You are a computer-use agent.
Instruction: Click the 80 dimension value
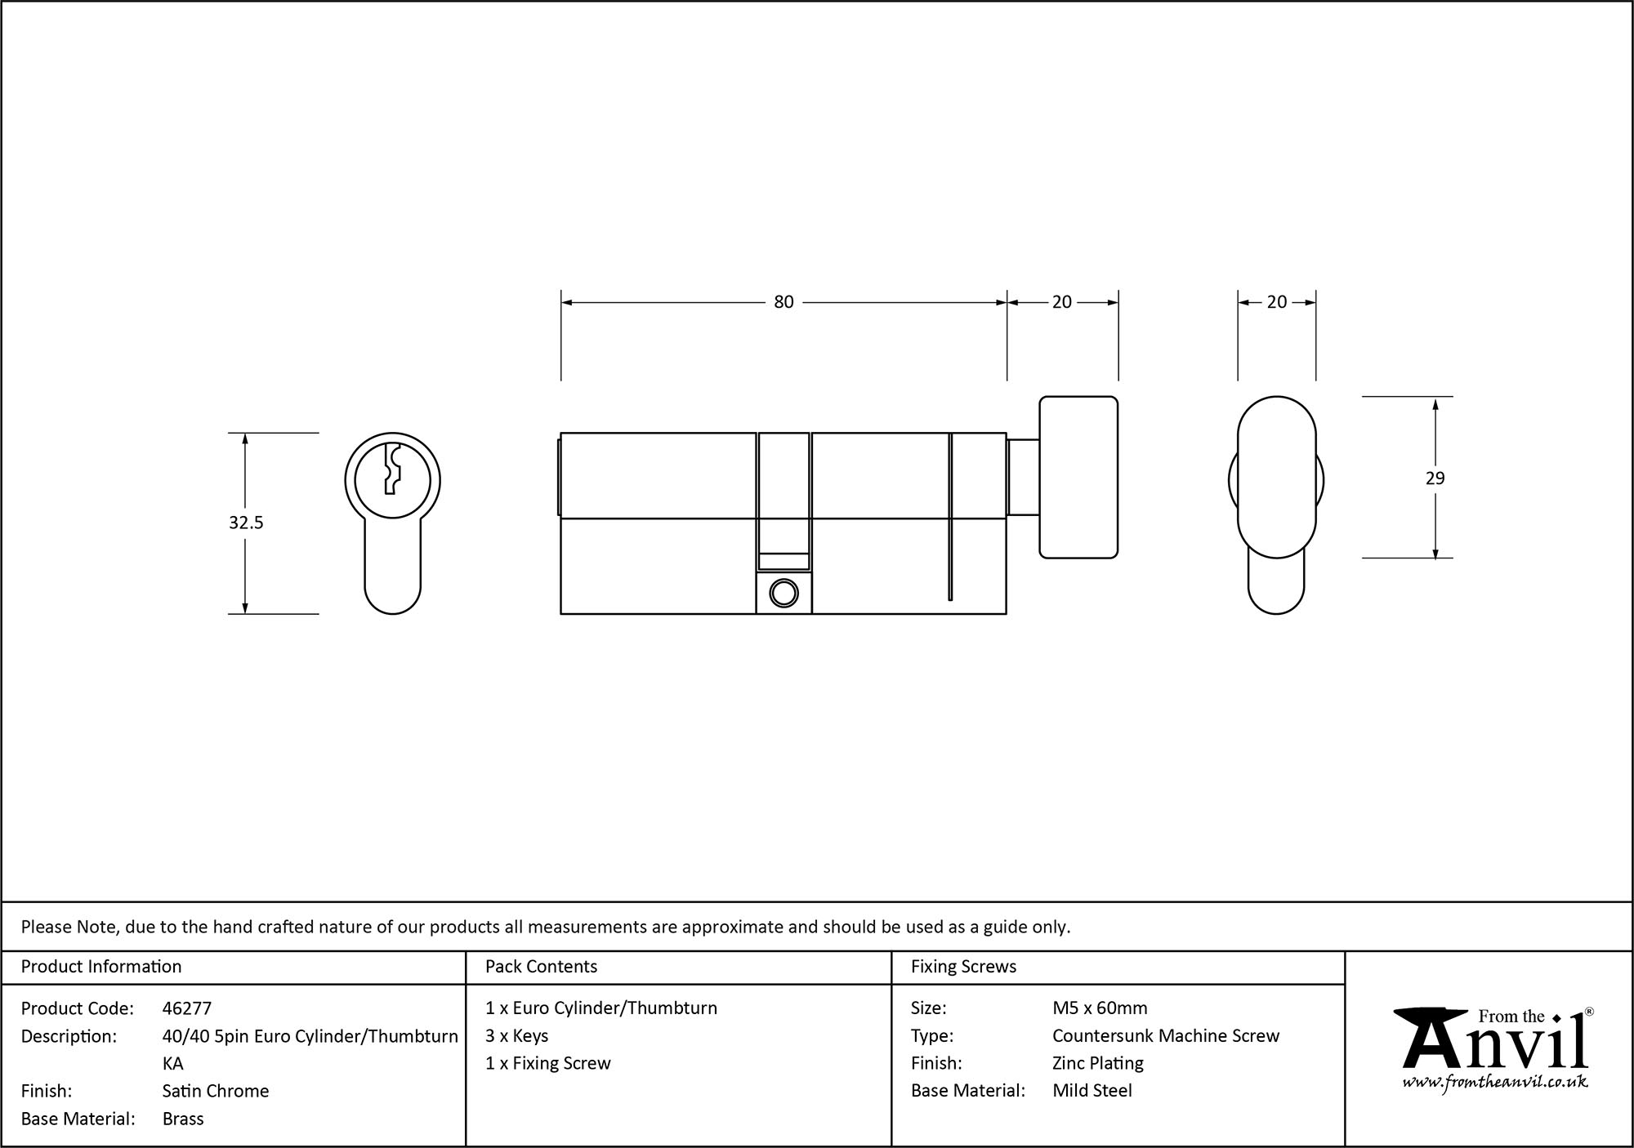pos(784,302)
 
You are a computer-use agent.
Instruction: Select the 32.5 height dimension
pos(246,523)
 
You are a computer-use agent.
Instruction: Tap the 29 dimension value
pos(1435,478)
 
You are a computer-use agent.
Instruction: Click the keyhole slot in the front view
pos(392,469)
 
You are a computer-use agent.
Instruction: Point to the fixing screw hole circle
pos(784,594)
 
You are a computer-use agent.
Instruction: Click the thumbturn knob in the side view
pos(1078,478)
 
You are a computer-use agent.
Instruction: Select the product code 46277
pos(187,1008)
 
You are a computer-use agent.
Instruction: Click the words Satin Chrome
pos(216,1091)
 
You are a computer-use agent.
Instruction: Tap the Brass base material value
pos(183,1119)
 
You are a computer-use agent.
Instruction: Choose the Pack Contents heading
pos(541,967)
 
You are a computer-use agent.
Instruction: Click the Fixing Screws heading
pos(963,967)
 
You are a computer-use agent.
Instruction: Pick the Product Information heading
pos(101,967)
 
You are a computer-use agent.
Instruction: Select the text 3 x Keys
pos(516,1036)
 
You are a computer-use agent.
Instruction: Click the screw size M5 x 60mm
pos(1100,1008)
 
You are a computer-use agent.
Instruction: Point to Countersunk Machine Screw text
pos(1166,1036)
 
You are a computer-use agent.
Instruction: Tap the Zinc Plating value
pos(1098,1063)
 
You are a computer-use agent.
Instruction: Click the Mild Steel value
pos(1092,1091)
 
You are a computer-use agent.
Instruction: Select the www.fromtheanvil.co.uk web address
pos(1495,1082)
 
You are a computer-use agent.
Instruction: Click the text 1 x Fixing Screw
pos(548,1063)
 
